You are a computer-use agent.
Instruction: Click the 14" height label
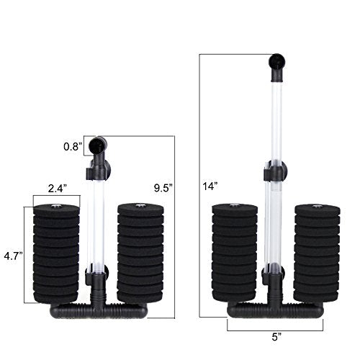click(x=209, y=186)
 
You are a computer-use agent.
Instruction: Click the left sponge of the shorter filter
click(x=56, y=252)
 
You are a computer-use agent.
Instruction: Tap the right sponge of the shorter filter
click(x=140, y=252)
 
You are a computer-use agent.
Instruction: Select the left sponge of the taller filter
click(x=234, y=252)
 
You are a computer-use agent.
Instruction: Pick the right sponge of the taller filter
click(x=317, y=252)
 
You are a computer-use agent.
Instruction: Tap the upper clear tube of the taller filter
click(x=274, y=122)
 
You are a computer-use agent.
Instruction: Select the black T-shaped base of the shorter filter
click(x=98, y=310)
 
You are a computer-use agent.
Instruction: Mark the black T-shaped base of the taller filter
click(x=276, y=310)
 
